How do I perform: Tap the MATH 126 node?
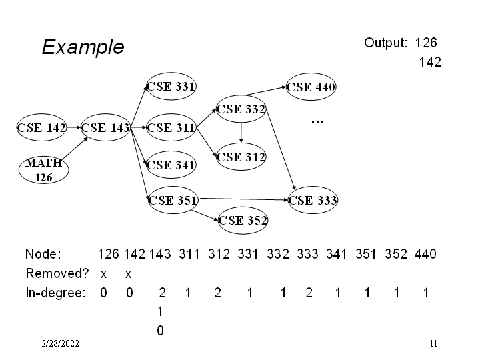tap(43, 170)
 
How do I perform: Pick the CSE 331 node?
tap(171, 86)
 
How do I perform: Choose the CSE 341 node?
tap(171, 165)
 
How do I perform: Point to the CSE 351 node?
tap(171, 199)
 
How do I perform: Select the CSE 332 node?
tap(241, 109)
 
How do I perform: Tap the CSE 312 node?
tap(241, 157)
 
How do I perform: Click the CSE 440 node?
tap(311, 87)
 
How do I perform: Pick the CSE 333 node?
tap(313, 199)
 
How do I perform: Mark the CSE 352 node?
tap(243, 220)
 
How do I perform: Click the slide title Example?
tap(83, 47)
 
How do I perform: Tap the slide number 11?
tap(433, 344)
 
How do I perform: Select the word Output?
tap(385, 43)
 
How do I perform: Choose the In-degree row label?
tap(55, 293)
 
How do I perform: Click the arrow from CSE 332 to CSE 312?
tap(241, 133)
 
